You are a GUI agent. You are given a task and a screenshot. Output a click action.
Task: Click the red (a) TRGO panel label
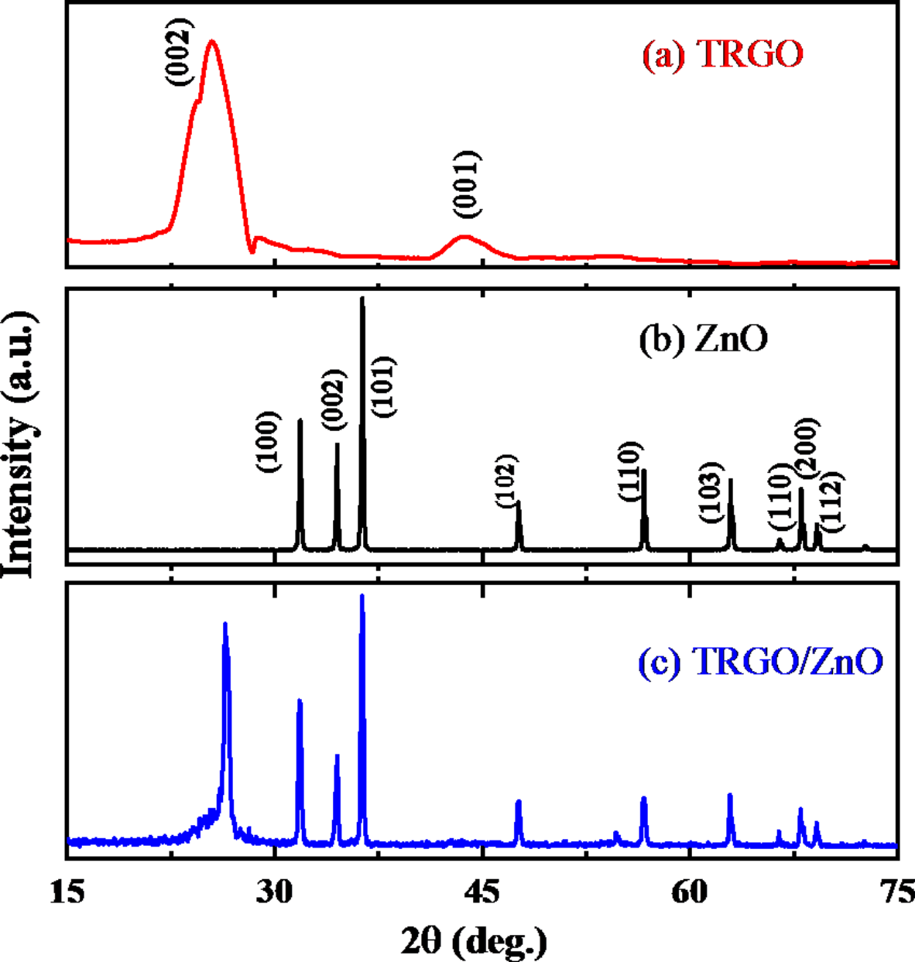722,55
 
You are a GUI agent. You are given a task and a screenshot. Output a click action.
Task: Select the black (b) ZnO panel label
703,338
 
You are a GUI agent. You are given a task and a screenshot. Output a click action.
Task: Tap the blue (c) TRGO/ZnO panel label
759,662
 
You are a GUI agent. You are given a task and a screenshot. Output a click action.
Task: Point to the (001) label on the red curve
467,183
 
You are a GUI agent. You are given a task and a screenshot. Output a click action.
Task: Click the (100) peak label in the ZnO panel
268,442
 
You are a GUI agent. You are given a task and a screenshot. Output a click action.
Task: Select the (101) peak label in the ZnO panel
384,386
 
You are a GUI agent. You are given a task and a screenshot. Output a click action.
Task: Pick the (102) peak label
506,481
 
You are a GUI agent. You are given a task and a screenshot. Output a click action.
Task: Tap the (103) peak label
711,491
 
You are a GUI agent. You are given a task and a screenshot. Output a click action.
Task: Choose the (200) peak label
807,450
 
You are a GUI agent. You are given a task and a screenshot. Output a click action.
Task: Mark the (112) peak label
832,502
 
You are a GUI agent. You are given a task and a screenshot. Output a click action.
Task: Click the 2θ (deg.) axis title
474,940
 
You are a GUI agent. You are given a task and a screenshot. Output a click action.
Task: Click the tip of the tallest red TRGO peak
211,42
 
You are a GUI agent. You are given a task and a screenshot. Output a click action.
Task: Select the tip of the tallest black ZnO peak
362,299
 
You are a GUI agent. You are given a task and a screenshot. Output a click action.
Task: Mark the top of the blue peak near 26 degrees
225,624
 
